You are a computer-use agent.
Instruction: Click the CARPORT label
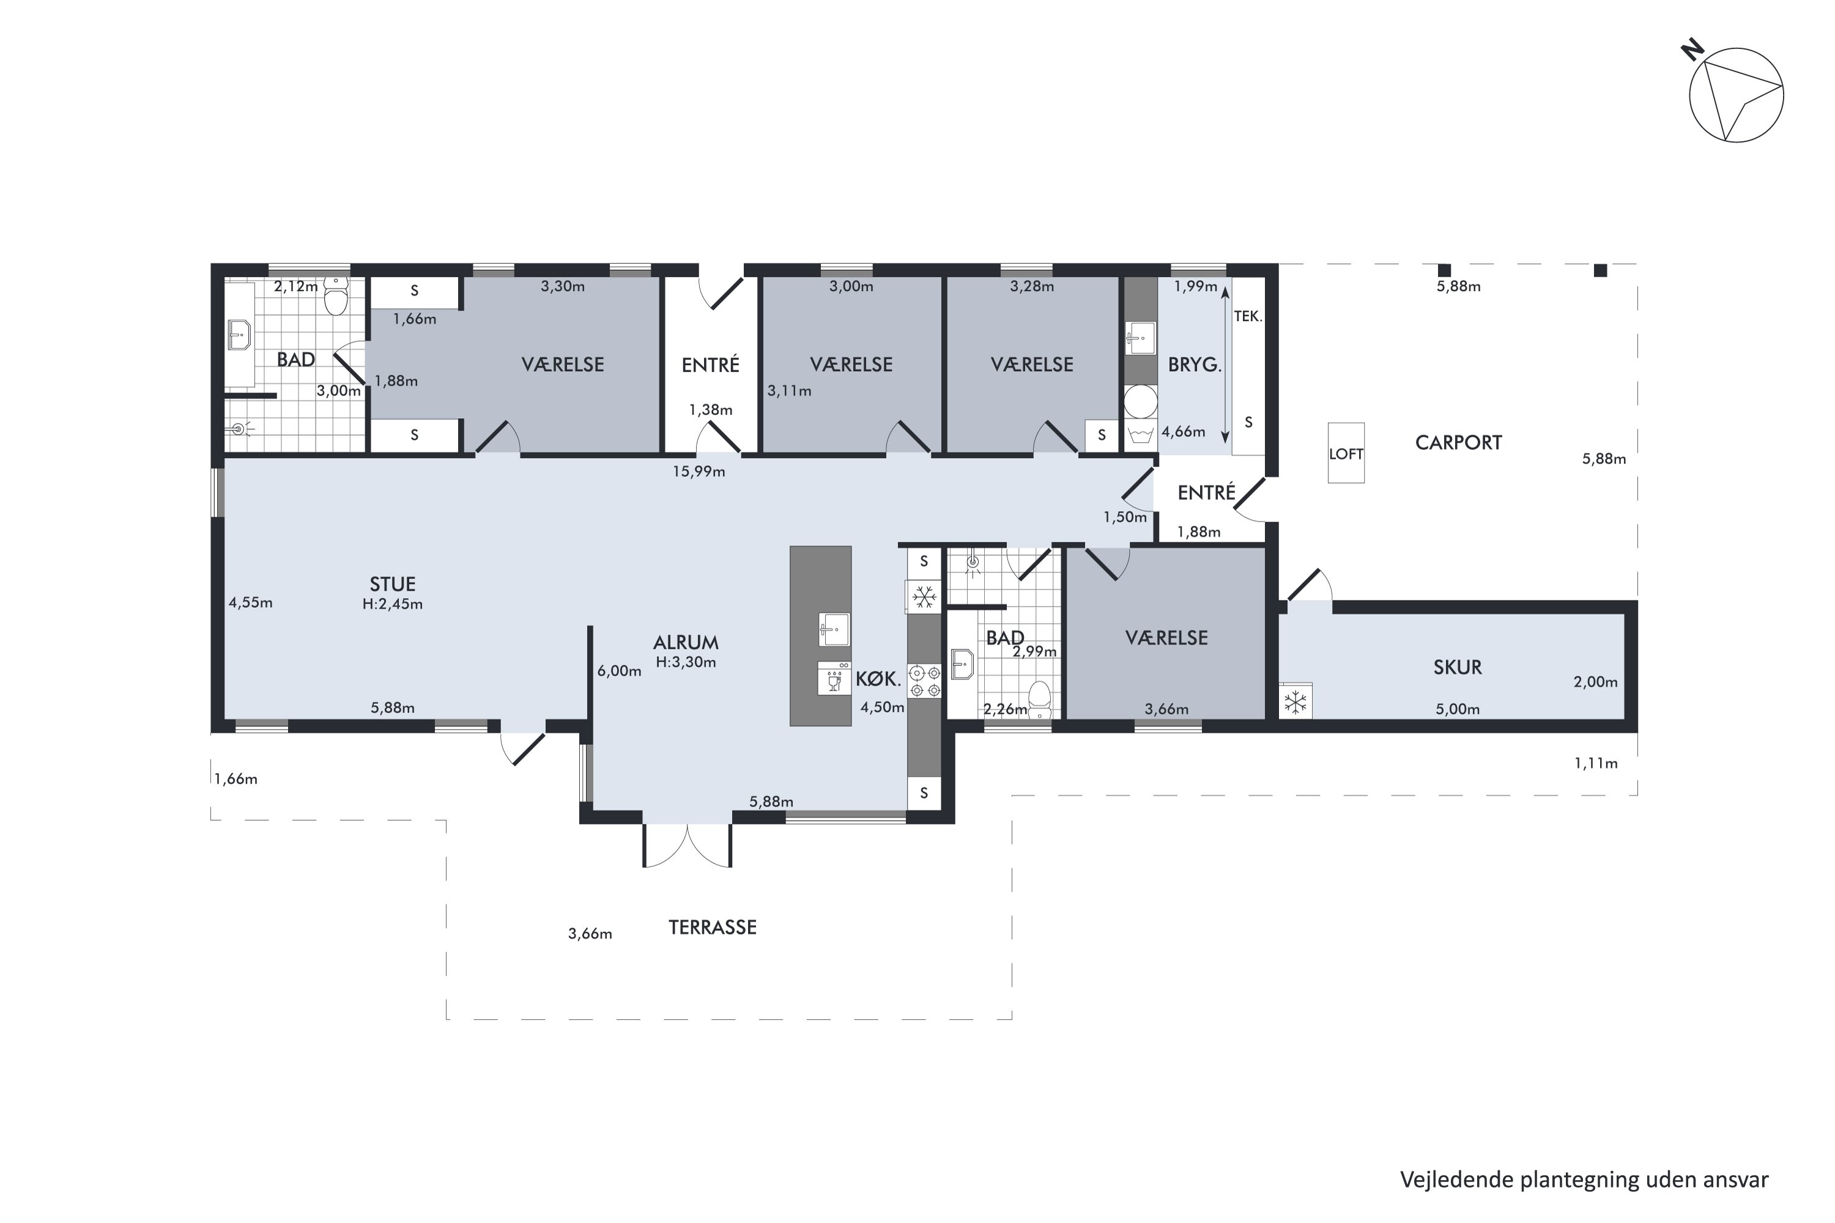(x=1458, y=443)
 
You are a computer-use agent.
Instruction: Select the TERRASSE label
(x=713, y=928)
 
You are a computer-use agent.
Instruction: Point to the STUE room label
(x=393, y=584)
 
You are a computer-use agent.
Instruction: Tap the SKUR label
(x=1458, y=668)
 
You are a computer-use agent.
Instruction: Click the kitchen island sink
(x=834, y=629)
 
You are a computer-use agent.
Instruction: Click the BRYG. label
(x=1195, y=365)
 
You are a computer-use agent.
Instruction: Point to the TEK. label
(x=1248, y=316)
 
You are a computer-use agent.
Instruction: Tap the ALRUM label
(x=686, y=643)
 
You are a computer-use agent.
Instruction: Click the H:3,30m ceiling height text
(x=686, y=663)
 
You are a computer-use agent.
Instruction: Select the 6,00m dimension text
(x=620, y=671)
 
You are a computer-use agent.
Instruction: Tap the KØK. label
(x=878, y=679)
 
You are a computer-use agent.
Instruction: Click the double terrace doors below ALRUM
(x=688, y=846)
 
